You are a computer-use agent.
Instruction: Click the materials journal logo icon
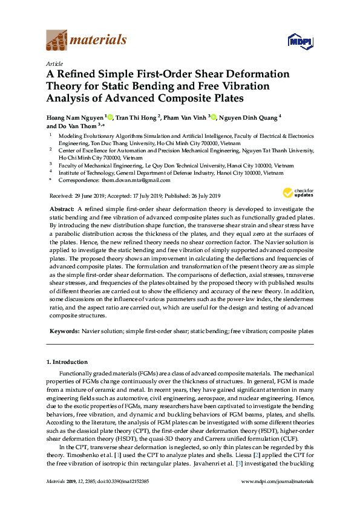coord(57,41)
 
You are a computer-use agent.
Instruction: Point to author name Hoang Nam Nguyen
coord(74,117)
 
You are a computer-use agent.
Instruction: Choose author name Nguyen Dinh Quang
coord(249,117)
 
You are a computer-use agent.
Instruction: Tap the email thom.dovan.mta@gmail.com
coord(137,180)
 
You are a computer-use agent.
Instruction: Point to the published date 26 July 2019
coord(201,196)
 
